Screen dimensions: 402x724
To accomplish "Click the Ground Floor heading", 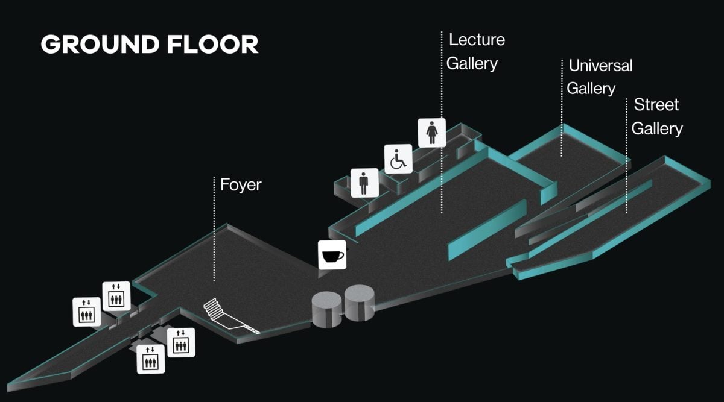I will (150, 45).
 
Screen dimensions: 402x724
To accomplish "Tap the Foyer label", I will (241, 184).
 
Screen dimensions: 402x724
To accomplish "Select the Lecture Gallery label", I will (476, 51).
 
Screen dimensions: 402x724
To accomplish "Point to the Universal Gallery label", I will (600, 77).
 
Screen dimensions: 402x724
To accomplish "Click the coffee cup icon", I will (332, 255).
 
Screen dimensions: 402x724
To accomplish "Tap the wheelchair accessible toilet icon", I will (399, 159).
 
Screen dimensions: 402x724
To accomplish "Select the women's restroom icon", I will (432, 133).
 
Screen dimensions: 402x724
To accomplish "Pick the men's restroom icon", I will (364, 183).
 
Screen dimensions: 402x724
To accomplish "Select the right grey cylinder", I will (360, 303).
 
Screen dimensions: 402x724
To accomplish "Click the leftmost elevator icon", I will (87, 312).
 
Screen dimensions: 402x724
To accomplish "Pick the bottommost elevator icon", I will (150, 359).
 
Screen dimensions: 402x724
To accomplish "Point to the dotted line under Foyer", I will (215, 229).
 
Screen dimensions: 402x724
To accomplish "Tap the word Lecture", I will (477, 40).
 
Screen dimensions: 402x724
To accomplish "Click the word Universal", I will (600, 65).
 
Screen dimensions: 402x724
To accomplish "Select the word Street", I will (656, 105).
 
